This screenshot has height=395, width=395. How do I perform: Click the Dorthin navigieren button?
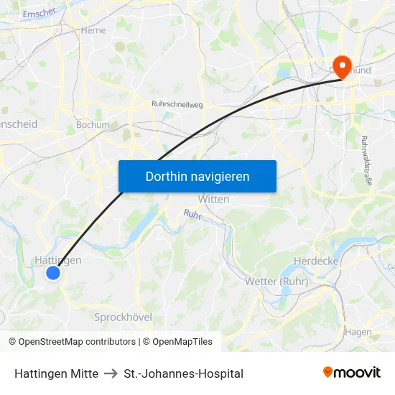coord(197,176)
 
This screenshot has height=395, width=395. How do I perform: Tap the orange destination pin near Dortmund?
coord(342,66)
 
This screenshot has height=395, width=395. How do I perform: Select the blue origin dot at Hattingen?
coord(52,272)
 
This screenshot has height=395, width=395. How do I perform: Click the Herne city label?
coord(94,30)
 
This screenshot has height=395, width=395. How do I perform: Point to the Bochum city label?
coord(93,124)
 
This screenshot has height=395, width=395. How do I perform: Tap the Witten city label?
coord(213,199)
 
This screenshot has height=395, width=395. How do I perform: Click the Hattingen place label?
coord(58,260)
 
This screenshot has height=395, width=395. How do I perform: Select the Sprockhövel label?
coord(124,317)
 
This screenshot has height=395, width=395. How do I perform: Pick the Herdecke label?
coord(316,261)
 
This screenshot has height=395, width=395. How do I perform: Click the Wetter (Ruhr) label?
coord(276,282)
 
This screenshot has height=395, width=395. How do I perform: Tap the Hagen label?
coord(358,332)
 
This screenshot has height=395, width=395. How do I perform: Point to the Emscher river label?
coord(39,12)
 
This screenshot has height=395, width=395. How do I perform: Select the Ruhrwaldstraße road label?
coord(366,161)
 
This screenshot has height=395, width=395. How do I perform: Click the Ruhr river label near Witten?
coord(192,214)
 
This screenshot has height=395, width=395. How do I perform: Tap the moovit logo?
coord(352,372)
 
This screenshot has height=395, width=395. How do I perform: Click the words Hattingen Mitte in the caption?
coord(56,373)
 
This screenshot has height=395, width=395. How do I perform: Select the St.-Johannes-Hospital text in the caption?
coord(183,373)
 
